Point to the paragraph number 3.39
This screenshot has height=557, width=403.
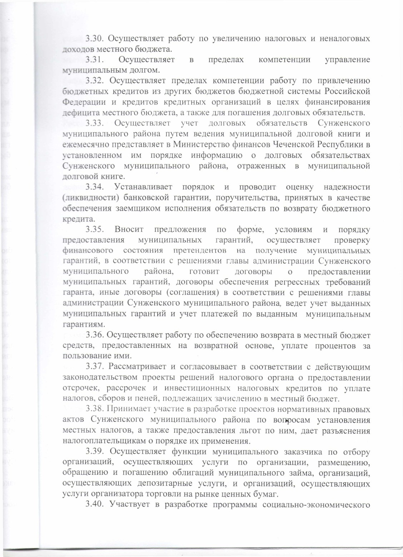coord(95,452)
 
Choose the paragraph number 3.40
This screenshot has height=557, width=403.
coord(95,505)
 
